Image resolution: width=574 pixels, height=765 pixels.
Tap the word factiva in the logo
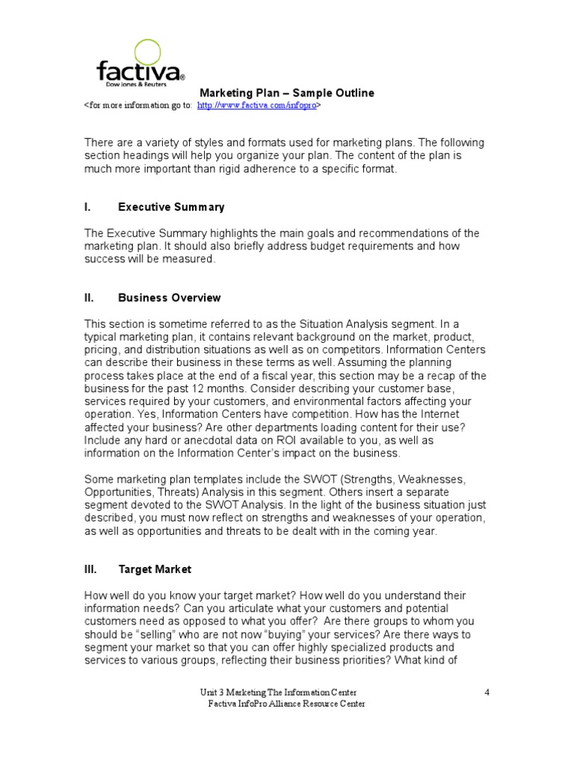(138, 72)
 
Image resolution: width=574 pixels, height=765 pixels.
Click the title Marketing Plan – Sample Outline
(286, 93)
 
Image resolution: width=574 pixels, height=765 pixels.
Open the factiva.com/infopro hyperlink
(256, 107)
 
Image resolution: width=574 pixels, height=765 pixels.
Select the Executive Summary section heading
(171, 207)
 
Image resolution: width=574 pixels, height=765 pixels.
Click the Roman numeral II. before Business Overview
(89, 297)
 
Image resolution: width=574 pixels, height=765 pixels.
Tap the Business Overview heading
(170, 297)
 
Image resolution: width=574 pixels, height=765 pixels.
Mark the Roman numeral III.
(90, 569)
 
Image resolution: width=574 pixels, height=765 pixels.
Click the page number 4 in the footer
(487, 692)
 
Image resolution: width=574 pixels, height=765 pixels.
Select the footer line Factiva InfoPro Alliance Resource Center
(286, 704)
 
